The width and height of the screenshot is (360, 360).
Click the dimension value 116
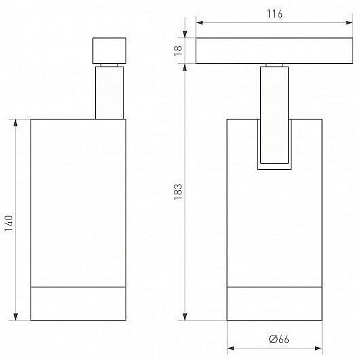[274, 14]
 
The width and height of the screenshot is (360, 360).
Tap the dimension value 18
[178, 51]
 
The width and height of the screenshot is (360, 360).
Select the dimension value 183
[178, 192]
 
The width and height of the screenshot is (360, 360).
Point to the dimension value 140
[9, 223]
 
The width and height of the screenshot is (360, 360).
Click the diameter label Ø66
[279, 339]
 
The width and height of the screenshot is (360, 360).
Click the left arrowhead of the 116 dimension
[200, 22]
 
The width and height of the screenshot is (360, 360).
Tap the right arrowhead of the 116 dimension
[349, 22]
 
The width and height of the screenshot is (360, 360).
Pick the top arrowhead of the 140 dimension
[16, 123]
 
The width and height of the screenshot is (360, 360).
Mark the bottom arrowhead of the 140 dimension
[16, 317]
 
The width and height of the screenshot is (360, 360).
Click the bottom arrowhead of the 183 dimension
[185, 317]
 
